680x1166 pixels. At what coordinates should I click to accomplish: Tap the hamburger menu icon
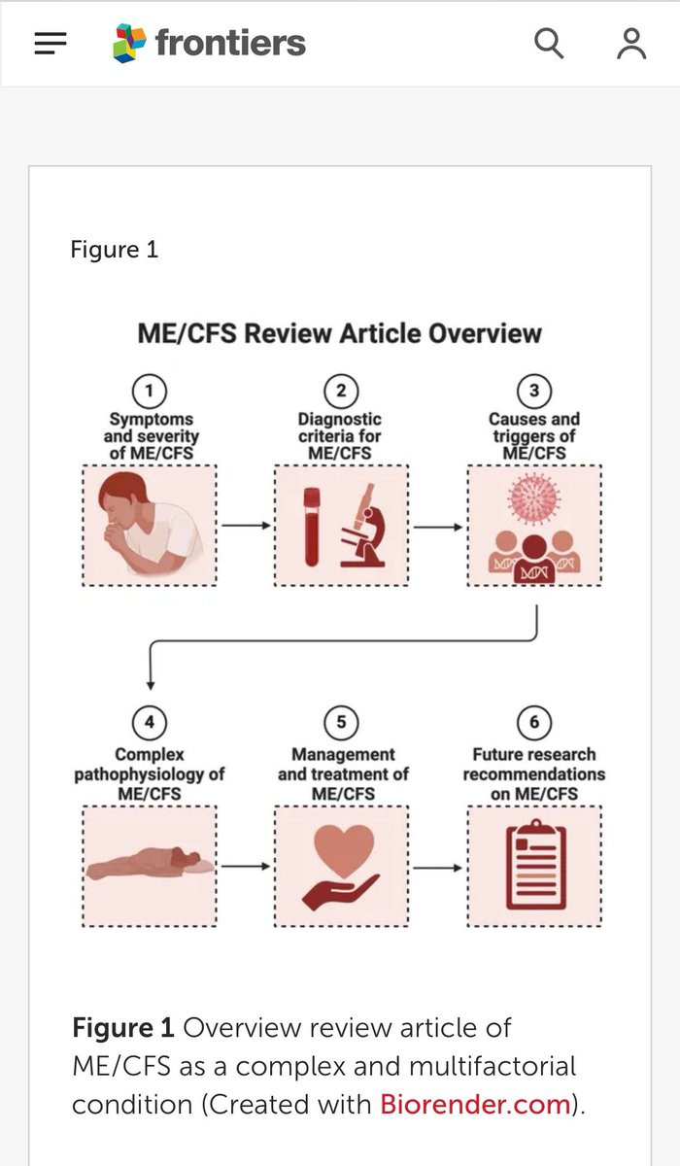click(x=51, y=43)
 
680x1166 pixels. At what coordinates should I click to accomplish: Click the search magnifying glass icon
click(x=549, y=43)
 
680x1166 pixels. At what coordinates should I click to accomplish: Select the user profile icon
click(x=631, y=44)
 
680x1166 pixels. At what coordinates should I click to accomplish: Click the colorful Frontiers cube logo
click(x=129, y=43)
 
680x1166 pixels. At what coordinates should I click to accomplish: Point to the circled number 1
click(x=150, y=391)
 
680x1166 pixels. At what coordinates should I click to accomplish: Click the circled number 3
click(x=534, y=391)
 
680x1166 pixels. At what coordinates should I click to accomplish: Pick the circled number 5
click(x=341, y=723)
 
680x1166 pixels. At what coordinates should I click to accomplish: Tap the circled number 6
click(x=534, y=723)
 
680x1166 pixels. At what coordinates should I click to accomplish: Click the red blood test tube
click(x=312, y=527)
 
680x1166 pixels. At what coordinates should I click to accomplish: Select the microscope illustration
click(x=363, y=526)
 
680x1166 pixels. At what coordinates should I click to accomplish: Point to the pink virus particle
click(x=534, y=498)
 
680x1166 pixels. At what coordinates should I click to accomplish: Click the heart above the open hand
click(x=344, y=850)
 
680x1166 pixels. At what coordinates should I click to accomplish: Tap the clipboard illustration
click(x=536, y=865)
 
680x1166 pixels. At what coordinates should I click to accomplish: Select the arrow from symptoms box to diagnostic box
click(x=246, y=526)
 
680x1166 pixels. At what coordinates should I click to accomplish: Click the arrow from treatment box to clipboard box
click(x=437, y=868)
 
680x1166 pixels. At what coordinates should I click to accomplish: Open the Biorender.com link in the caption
click(x=476, y=1104)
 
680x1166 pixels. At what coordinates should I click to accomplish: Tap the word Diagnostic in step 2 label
click(x=340, y=420)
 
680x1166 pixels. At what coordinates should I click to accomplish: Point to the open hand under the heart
click(x=341, y=892)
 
